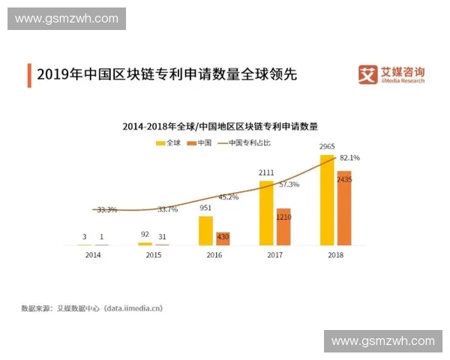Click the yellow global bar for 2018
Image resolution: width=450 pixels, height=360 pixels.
click(x=327, y=200)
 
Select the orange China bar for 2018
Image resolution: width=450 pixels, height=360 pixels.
click(x=343, y=208)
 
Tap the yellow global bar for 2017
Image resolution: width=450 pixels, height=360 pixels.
click(x=266, y=212)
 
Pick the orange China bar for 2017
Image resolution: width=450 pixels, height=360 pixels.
click(x=283, y=226)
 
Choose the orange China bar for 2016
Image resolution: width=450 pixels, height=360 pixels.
click(x=223, y=238)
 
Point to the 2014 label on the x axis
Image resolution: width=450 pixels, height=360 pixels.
click(x=93, y=256)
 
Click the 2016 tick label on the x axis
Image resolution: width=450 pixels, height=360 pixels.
click(x=214, y=256)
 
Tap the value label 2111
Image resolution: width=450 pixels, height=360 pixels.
click(x=266, y=172)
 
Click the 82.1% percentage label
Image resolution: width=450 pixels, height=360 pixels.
click(x=349, y=158)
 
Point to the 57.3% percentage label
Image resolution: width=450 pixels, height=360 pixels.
click(x=289, y=184)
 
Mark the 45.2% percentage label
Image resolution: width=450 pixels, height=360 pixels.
click(x=228, y=197)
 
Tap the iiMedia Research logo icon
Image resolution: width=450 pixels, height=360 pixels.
click(x=367, y=76)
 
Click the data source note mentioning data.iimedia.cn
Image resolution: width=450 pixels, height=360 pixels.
click(x=91, y=308)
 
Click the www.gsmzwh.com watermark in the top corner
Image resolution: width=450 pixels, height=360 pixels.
click(x=66, y=17)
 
